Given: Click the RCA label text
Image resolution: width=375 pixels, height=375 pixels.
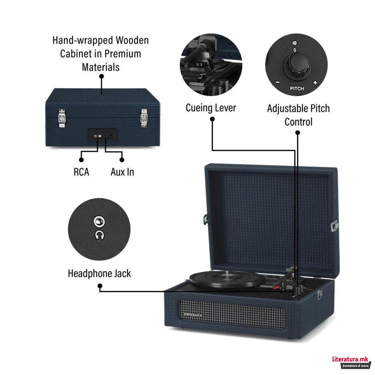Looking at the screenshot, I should [x=81, y=172].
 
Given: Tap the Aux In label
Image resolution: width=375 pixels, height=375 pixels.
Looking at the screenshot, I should [x=122, y=172].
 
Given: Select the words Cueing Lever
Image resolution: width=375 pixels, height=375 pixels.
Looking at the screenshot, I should [x=211, y=108].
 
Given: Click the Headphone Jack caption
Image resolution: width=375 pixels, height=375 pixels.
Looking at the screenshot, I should [x=99, y=273].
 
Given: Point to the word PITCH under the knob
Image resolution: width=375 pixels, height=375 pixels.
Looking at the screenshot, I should [x=297, y=88].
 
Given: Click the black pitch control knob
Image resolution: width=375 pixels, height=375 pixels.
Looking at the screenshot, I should [x=295, y=65].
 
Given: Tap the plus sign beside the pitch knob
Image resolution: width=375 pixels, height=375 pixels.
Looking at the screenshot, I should [x=315, y=83].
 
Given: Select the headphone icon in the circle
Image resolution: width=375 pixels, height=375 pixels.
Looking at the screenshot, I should [x=99, y=234].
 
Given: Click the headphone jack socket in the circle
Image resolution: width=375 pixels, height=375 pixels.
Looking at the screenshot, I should [x=99, y=222].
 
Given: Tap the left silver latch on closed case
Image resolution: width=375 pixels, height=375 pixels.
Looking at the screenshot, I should [x=62, y=118].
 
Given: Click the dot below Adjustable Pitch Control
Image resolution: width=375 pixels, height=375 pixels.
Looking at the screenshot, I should [x=297, y=133].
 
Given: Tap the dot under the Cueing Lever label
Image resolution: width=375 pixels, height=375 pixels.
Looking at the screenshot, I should [x=212, y=119].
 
